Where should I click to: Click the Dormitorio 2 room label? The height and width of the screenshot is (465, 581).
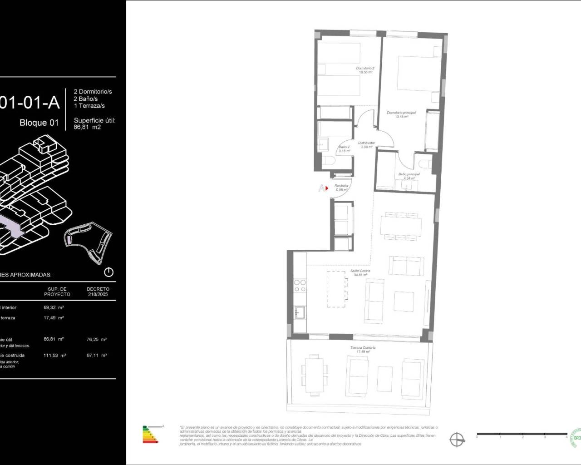364,70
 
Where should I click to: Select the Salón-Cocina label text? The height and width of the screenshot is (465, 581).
360,272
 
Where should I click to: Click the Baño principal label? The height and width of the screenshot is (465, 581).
409,176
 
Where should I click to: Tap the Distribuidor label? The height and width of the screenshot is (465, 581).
366,144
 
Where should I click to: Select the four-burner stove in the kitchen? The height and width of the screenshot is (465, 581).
300,285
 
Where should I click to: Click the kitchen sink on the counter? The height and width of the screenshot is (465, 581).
300,312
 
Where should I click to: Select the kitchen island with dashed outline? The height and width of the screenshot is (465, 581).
337,289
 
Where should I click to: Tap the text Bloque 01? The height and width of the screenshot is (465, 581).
39,123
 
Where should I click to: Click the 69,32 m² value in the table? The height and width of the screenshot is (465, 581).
54,307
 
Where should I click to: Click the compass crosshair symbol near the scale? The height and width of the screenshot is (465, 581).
458,439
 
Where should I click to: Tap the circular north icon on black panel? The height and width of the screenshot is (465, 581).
108,272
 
